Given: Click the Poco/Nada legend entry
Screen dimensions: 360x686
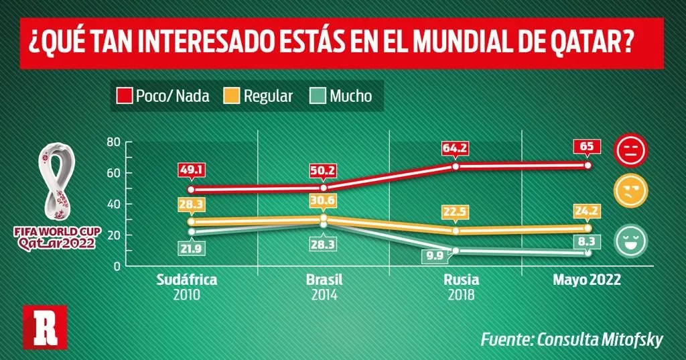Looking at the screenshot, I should [x=164, y=96].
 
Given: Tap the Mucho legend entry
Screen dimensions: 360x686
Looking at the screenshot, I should [x=342, y=96].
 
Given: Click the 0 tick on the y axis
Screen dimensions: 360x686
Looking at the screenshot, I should [x=116, y=266].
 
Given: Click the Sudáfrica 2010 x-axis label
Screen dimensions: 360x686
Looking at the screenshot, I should [x=186, y=286].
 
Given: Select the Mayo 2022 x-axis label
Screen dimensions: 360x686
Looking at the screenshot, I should [x=586, y=280].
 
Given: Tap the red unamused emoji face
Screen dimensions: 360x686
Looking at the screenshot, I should [x=631, y=150].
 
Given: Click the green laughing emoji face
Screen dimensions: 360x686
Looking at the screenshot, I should [x=631, y=241].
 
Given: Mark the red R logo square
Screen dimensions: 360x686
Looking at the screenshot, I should [x=45, y=326].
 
